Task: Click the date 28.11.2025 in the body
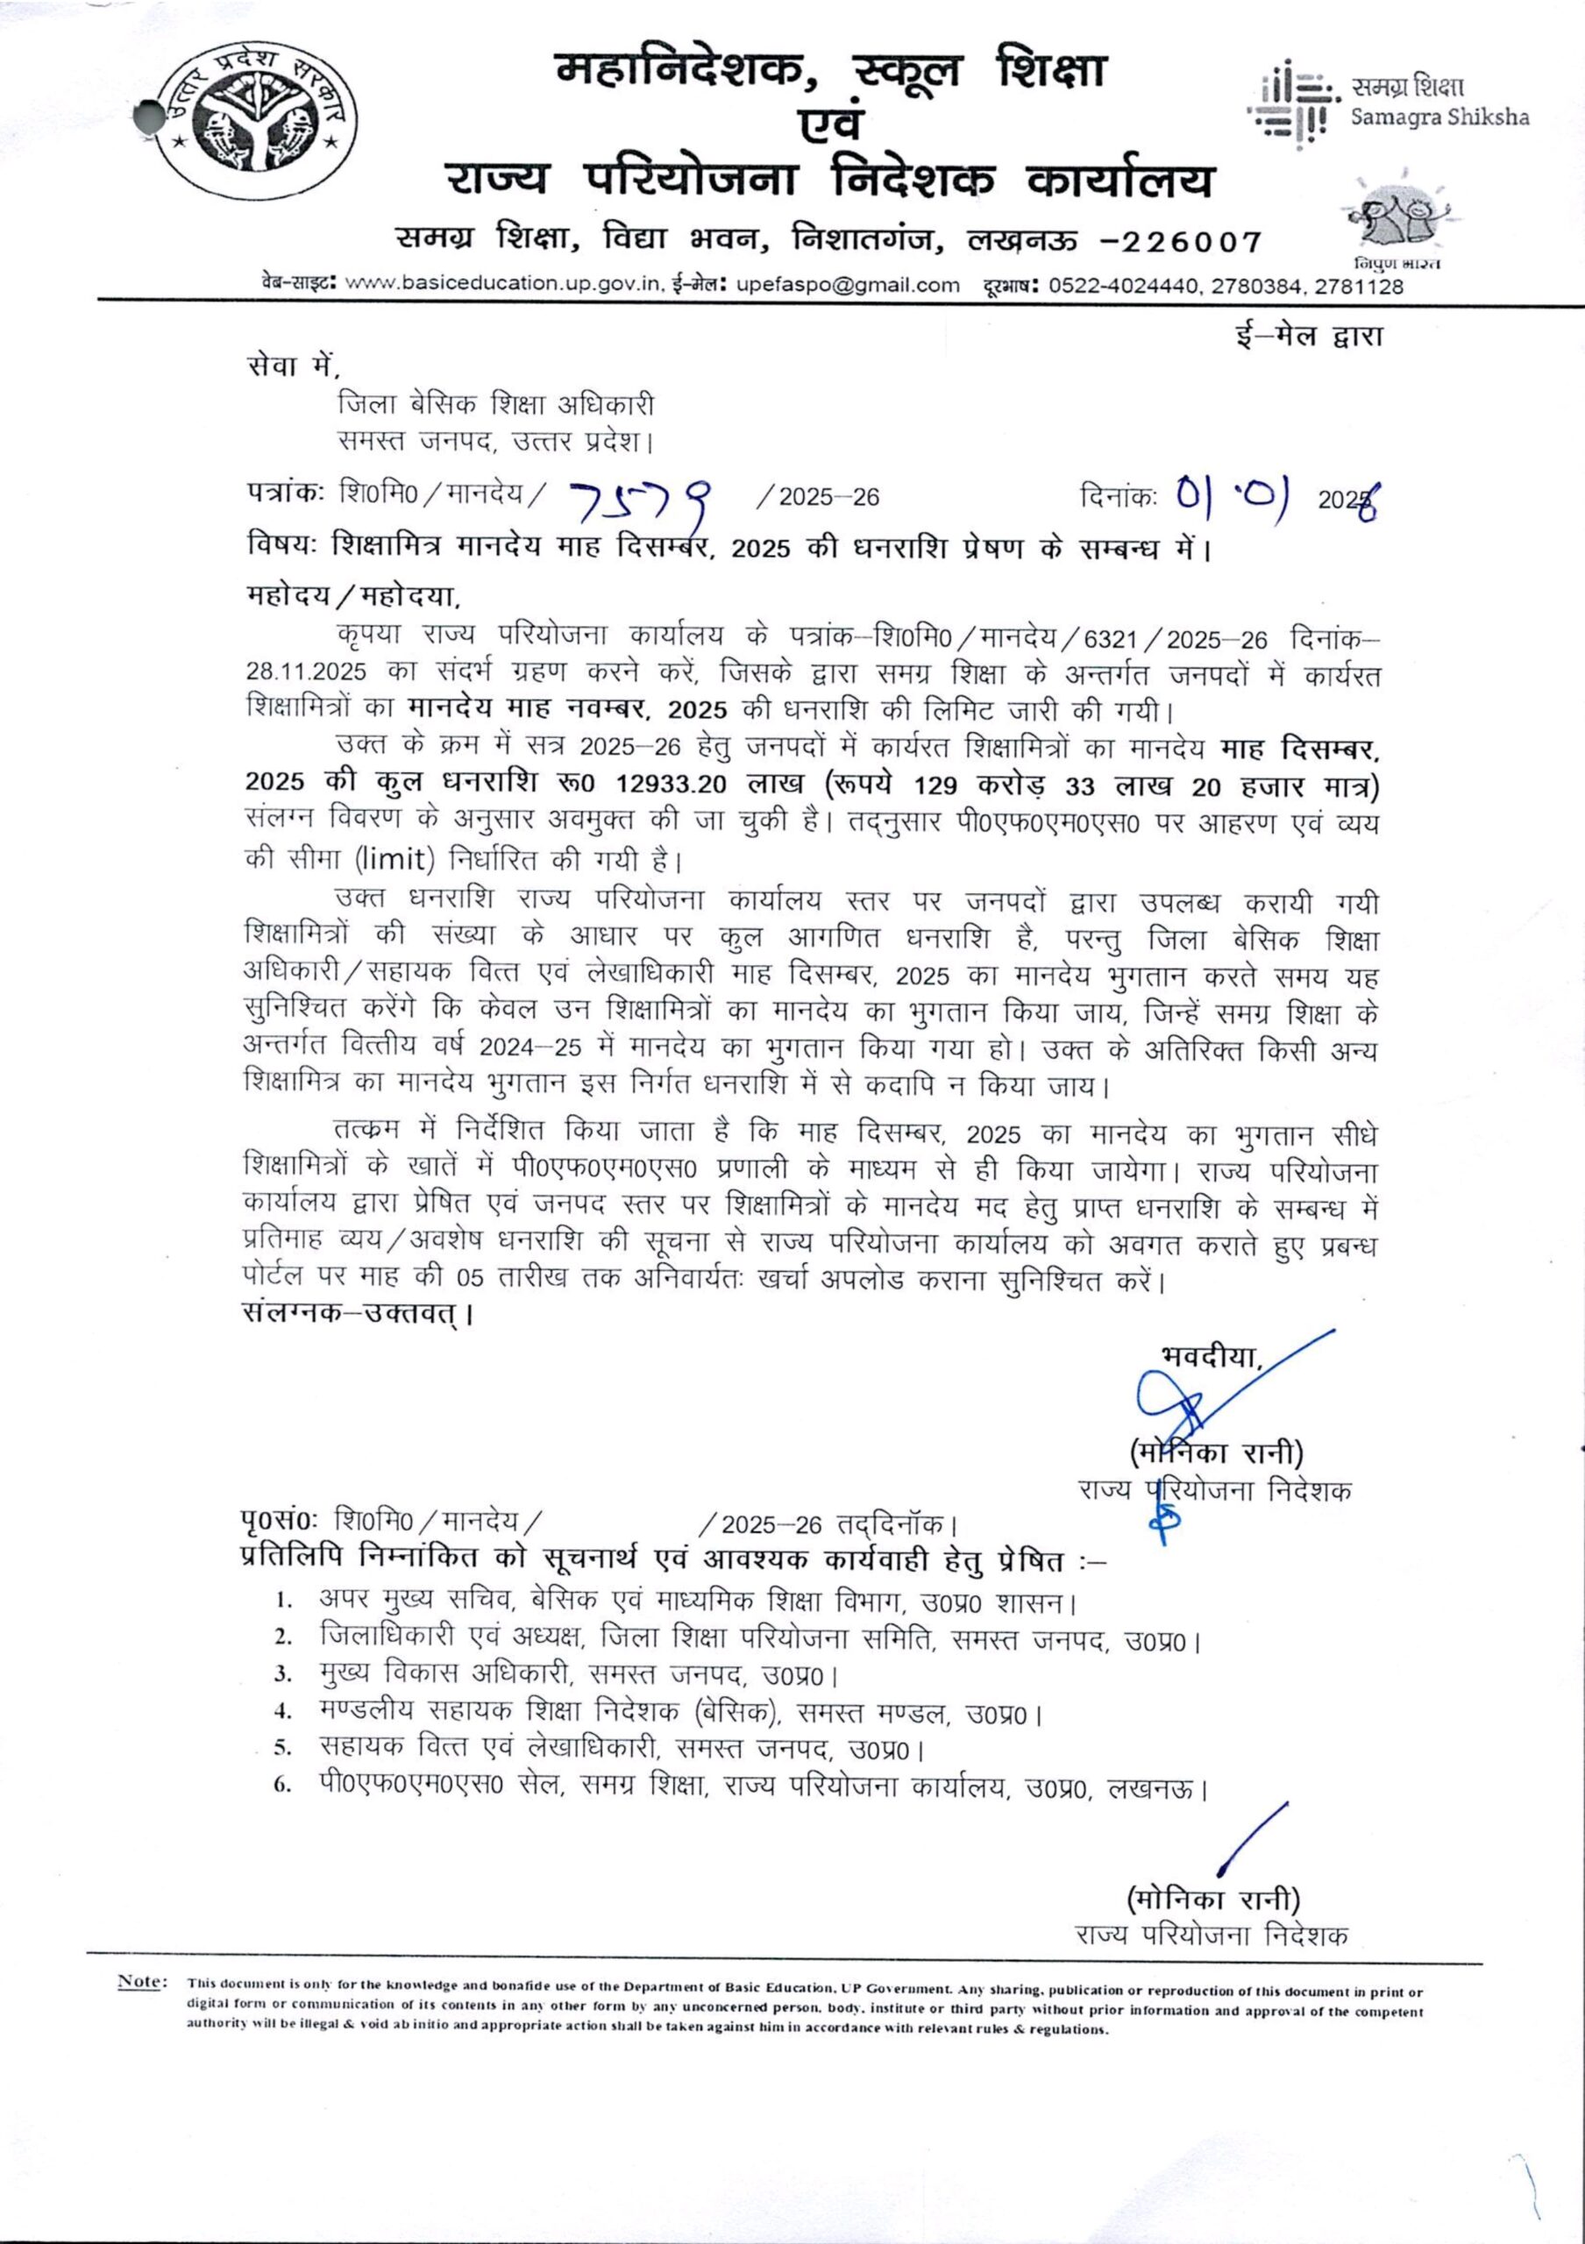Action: (306, 672)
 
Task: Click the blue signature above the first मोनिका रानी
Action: (1192, 1408)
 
